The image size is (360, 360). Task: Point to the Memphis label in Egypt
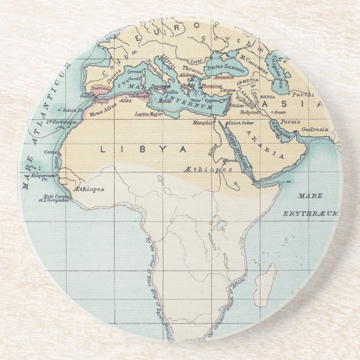[x=202, y=122]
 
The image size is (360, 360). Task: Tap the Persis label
[x=291, y=121]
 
